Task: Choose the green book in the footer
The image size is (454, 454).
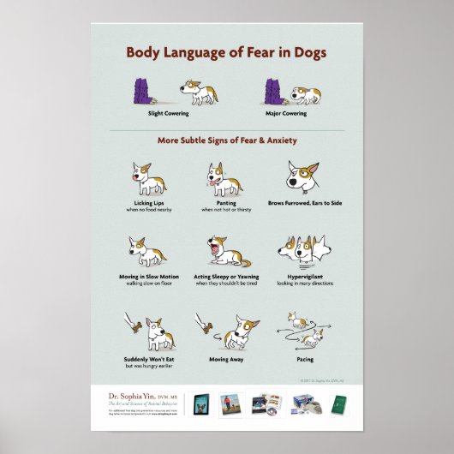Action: tap(340, 403)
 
